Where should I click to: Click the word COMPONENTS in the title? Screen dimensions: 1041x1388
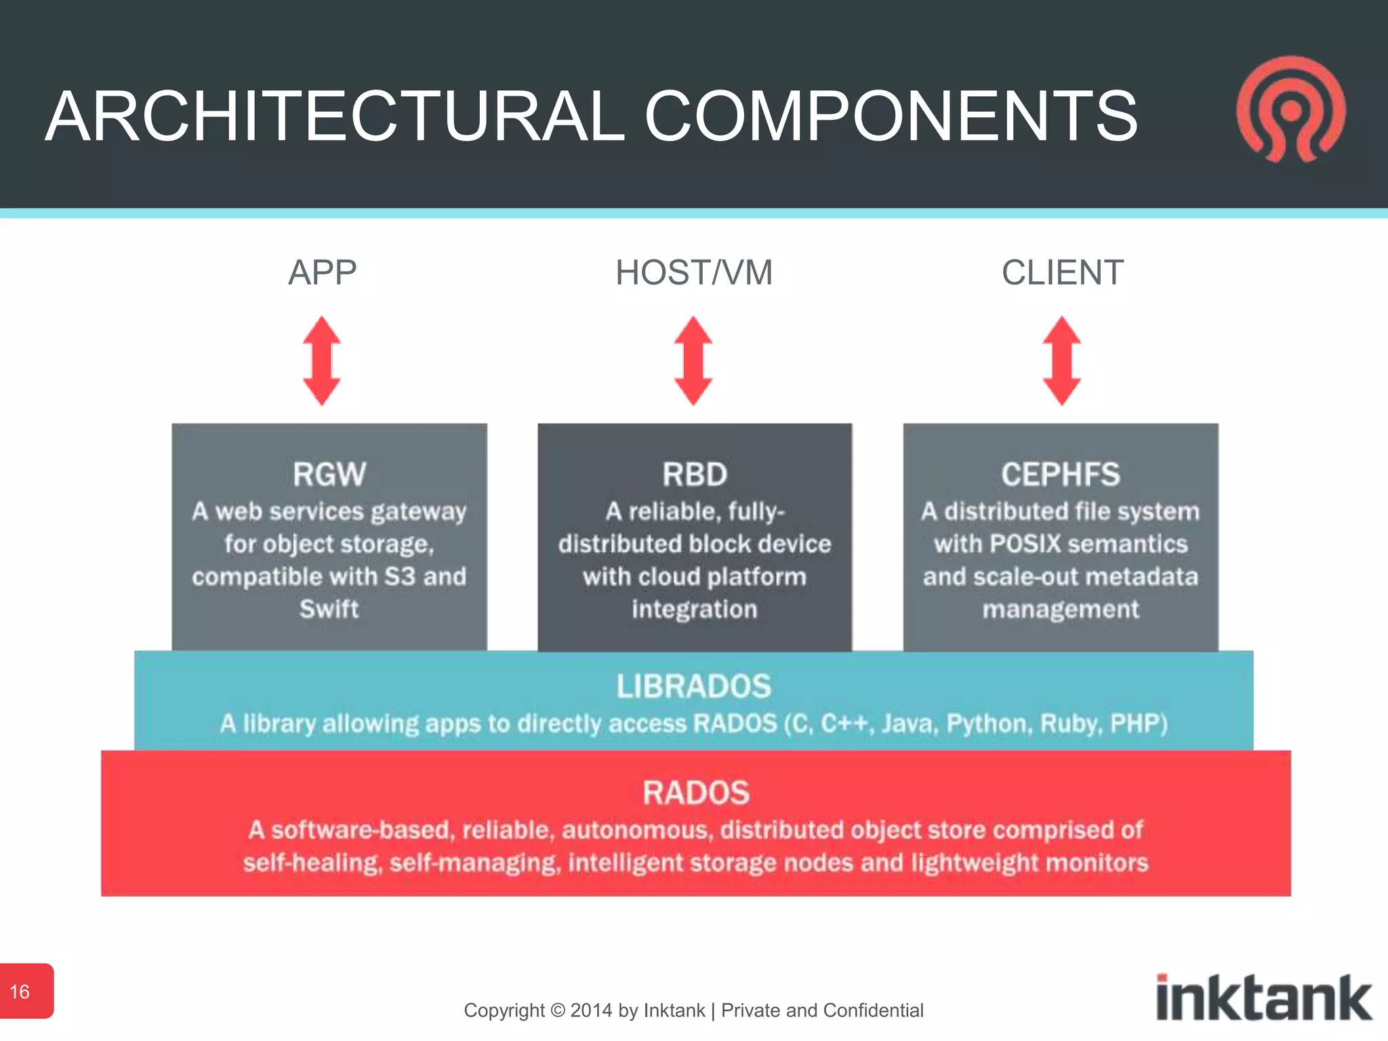click(891, 117)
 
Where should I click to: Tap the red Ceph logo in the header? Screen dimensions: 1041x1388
click(1291, 110)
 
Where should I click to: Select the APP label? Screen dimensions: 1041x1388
click(322, 272)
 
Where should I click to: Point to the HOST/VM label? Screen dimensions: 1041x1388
click(693, 272)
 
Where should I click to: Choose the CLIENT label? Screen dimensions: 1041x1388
click(1062, 272)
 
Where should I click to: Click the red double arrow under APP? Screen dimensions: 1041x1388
click(322, 361)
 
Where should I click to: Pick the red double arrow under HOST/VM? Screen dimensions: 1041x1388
click(693, 361)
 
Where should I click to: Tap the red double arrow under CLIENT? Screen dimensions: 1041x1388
click(1061, 361)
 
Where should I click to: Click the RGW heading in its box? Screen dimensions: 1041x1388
click(329, 474)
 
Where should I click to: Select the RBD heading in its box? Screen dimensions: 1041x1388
click(695, 474)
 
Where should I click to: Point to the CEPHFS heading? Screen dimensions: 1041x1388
click(1061, 474)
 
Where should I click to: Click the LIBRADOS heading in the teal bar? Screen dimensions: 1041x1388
click(694, 686)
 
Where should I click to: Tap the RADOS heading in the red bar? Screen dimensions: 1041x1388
click(696, 792)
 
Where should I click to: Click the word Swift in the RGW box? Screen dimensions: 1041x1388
click(329, 609)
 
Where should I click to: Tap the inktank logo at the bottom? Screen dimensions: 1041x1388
click(1263, 998)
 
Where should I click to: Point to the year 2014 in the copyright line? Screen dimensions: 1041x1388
click(592, 1011)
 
